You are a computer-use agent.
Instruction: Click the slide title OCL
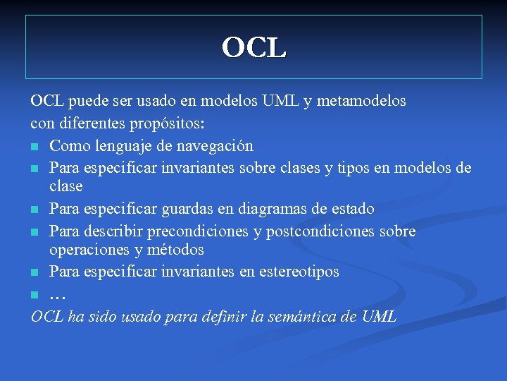point(254,48)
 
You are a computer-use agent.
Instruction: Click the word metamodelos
point(362,101)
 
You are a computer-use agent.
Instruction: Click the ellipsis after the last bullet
point(58,294)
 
